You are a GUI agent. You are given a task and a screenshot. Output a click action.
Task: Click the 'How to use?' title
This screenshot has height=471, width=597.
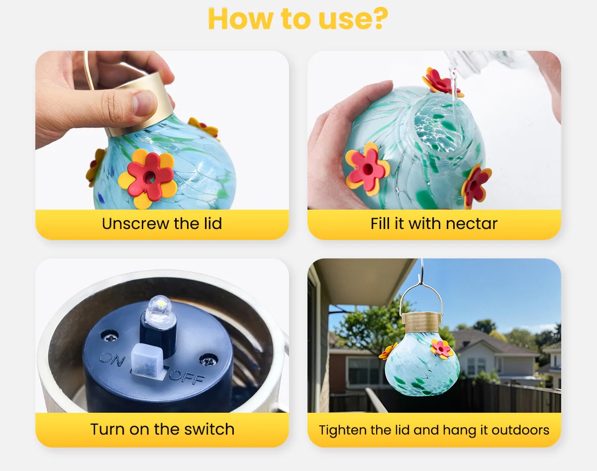298,18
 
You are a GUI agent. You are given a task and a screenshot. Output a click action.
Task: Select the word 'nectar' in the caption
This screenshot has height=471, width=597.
471,224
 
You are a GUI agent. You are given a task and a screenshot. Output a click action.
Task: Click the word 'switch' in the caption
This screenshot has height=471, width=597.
209,429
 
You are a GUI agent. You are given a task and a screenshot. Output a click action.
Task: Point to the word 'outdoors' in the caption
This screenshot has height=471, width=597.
520,430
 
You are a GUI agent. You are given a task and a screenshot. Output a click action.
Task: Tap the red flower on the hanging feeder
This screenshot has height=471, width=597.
442,348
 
